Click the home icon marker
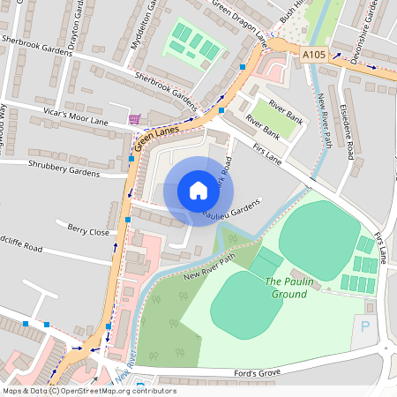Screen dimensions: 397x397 (198, 191)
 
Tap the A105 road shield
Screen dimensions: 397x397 (314, 55)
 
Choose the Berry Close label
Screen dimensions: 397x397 (88, 231)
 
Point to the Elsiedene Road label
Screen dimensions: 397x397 (349, 136)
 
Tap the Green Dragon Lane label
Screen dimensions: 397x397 (238, 23)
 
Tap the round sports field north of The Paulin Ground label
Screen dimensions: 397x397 (318, 240)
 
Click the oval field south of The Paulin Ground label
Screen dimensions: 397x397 (247, 304)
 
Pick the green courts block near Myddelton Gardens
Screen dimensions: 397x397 (192, 41)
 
